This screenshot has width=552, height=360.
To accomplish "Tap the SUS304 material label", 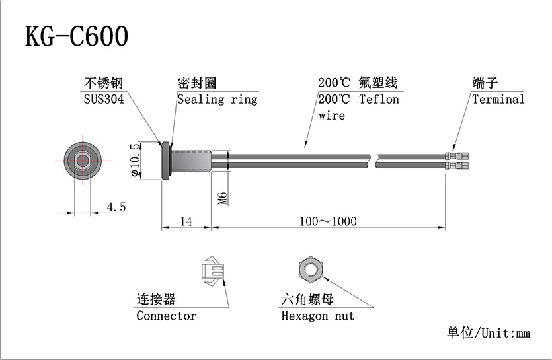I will pyautogui.click(x=103, y=100).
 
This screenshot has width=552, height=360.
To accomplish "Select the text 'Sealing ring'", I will pyautogui.click(x=217, y=100).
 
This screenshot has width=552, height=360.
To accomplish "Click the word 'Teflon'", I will pyautogui.click(x=379, y=100).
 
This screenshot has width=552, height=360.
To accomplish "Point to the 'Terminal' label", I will pyautogui.click(x=498, y=100).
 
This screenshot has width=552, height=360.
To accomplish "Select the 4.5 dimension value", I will pyautogui.click(x=116, y=207).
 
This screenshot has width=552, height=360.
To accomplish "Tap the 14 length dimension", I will pyautogui.click(x=186, y=221).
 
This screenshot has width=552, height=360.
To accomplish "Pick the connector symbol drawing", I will pyautogui.click(x=214, y=271).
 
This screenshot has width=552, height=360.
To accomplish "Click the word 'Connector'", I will pyautogui.click(x=166, y=316).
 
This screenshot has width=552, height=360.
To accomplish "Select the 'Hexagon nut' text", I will pyautogui.click(x=317, y=316).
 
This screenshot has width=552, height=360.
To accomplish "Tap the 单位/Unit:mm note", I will pyautogui.click(x=489, y=332).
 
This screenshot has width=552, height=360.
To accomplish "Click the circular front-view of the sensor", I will pyautogui.click(x=84, y=160).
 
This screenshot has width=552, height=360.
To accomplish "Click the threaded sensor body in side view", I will pyautogui.click(x=192, y=160).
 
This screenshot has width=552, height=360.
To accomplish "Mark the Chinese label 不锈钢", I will pyautogui.click(x=102, y=84).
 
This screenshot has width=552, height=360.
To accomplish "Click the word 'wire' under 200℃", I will pyautogui.click(x=331, y=116).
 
